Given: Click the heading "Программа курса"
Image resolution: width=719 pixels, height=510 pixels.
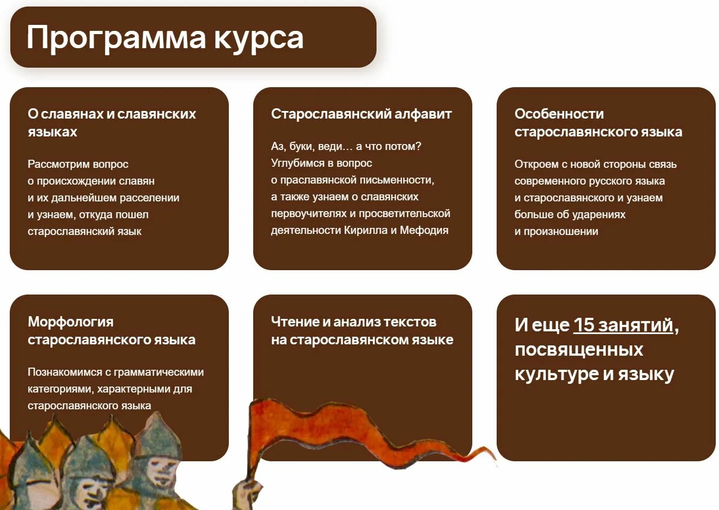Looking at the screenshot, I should point(165,38).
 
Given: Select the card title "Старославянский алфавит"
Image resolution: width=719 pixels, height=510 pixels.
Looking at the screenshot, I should point(361,114).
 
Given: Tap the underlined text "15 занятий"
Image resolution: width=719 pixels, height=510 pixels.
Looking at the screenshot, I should point(623,325).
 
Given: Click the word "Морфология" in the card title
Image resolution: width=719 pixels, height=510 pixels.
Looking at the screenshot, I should point(70,322).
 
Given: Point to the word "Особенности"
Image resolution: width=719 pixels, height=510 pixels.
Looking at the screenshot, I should point(559,114).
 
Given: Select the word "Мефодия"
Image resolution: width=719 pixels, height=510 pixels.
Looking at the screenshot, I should point(424,230).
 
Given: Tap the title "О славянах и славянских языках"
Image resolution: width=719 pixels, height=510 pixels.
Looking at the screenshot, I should point(111,122).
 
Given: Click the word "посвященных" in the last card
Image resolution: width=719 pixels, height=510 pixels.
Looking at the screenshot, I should point(579,350).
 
